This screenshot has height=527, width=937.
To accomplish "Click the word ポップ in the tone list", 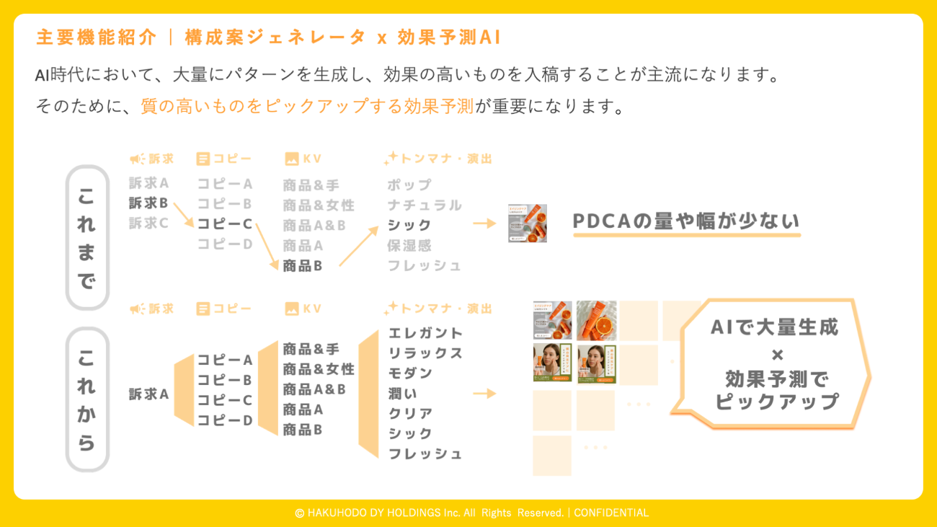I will (409, 185).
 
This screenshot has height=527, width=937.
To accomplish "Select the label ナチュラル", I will (424, 205).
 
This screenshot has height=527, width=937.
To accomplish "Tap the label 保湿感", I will (409, 245).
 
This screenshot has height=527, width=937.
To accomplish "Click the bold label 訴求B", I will (148, 203).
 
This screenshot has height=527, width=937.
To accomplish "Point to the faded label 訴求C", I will (148, 223).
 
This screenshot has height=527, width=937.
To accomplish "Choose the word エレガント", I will (425, 333).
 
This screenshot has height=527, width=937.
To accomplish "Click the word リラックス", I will (425, 353).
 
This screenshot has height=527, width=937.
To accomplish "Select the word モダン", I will (410, 373).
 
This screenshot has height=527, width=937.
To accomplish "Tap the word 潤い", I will (402, 394).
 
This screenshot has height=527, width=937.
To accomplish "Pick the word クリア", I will (410, 414).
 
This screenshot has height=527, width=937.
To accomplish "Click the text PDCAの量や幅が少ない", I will (686, 221).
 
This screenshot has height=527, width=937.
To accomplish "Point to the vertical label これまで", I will (86, 238).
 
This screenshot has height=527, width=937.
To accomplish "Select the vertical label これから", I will (86, 399).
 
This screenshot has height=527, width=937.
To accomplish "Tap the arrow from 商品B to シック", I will (358, 247).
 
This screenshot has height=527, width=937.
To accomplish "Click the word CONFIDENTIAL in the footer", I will (610, 513).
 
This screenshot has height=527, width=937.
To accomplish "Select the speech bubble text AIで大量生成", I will (774, 327).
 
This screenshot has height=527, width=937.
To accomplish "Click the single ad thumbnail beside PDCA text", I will (527, 223).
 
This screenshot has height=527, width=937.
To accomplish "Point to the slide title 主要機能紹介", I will (96, 37).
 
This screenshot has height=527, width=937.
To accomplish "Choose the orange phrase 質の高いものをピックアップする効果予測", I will (307, 107).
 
